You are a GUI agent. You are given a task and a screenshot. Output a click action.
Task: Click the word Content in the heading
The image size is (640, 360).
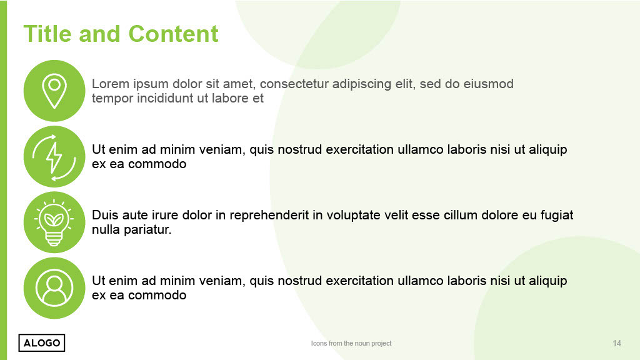[174, 34]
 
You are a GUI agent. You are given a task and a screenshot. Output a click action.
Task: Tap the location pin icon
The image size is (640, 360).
[54, 91]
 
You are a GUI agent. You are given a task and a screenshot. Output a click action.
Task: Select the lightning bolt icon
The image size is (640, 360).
[54, 157]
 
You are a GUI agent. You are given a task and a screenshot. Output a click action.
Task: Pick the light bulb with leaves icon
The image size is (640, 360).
[54, 222]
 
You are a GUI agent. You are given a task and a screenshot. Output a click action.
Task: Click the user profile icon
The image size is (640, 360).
[54, 287]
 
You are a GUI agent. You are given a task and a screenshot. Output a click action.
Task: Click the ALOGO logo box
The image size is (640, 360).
[42, 343]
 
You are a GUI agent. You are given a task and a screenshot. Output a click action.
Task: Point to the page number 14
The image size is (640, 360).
[617, 343]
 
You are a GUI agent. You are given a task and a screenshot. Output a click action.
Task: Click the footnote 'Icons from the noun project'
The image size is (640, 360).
[351, 343]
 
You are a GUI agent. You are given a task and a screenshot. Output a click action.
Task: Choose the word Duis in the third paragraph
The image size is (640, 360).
[105, 215]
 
